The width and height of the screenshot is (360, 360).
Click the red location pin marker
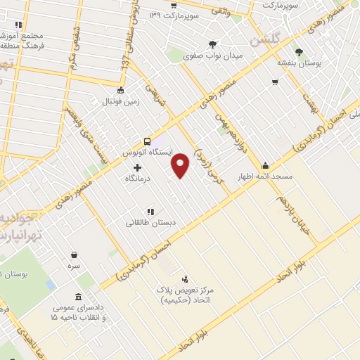181,165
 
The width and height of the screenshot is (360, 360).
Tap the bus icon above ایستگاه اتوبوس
147,141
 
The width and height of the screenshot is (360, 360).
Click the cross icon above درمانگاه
136,167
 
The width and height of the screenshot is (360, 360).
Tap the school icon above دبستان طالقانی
150,211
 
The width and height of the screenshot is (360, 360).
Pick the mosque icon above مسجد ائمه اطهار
264,166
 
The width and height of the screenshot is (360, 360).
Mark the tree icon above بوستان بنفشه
299,51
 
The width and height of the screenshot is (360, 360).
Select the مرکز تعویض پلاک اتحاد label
185,293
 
